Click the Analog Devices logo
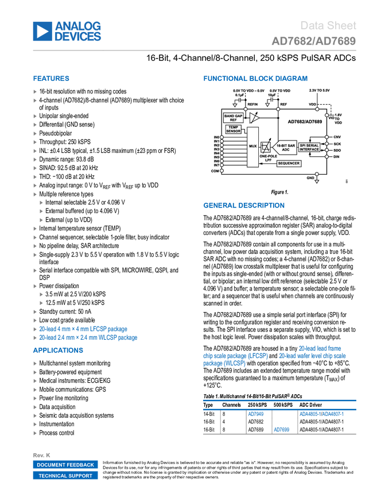coord(67,31)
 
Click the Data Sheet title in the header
coord(328,26)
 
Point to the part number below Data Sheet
coord(313,41)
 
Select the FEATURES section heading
coord(51,78)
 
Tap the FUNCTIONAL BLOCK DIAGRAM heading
coord(255,78)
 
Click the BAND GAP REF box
coord(233,117)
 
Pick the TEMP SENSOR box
coord(233,129)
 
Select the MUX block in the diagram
coord(252,147)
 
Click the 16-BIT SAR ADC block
coord(285,147)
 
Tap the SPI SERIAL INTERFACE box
coord(309,147)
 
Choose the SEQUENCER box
coord(289,163)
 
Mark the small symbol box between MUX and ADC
coord(266,147)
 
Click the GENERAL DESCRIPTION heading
coord(243,206)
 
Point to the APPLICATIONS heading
coord(58,350)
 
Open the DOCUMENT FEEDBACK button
coord(65,465)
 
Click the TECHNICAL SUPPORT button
coord(65,476)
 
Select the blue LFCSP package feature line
coord(83,329)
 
